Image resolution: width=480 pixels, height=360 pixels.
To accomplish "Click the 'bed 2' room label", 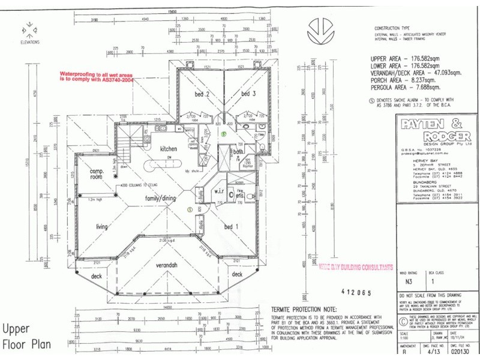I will coord(202,94).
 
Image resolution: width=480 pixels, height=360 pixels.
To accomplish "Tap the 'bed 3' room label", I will coord(248,94).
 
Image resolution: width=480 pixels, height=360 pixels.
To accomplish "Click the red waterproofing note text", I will coord(96,76).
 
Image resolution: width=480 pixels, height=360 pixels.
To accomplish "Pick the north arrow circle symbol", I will coord(320,28).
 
